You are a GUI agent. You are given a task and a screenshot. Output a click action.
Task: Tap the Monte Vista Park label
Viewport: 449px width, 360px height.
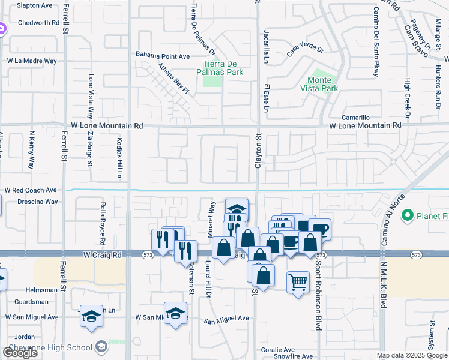323,84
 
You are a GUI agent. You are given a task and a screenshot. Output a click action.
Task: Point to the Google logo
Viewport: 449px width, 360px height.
20,353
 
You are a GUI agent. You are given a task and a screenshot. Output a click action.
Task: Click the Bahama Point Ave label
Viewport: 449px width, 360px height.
162,56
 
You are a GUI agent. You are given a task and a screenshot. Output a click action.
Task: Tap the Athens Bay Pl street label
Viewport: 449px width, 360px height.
173,79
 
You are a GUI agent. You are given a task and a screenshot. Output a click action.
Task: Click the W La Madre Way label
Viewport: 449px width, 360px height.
32,61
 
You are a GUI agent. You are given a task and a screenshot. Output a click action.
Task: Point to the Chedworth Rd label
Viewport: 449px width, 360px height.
38,23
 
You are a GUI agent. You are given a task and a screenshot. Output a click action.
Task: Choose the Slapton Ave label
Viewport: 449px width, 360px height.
35,5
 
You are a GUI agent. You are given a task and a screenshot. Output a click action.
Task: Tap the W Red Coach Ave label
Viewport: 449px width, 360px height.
31,190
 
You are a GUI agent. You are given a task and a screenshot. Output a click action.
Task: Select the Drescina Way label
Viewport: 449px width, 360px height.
37,202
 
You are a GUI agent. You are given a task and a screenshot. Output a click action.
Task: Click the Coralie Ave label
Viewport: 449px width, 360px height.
278,349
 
